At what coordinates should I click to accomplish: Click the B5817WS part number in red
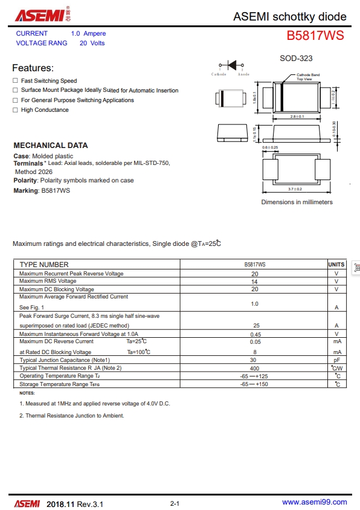tap(315, 36)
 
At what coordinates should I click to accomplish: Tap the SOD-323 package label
tap(296, 58)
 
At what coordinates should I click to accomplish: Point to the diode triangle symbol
tap(231, 66)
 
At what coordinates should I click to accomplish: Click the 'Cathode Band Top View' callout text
tap(307, 77)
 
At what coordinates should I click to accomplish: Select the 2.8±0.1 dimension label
tap(297, 116)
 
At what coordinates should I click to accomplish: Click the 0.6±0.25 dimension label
tap(270, 147)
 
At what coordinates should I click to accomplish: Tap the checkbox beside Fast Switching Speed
tap(15, 81)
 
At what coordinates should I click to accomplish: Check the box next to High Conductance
tap(15, 110)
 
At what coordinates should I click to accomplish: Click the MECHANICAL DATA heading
tap(51, 145)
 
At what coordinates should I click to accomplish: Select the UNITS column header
tap(336, 265)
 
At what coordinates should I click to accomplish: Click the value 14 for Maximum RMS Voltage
tap(254, 282)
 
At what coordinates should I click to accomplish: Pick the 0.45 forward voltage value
tap(255, 334)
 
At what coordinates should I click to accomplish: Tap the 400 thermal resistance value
tap(254, 368)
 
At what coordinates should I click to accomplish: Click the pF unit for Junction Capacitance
tap(336, 360)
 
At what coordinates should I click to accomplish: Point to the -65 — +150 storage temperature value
tap(254, 384)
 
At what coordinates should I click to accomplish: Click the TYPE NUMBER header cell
tap(44, 265)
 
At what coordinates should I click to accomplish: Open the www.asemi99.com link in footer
tap(315, 502)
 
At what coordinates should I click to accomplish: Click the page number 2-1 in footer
tap(175, 503)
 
